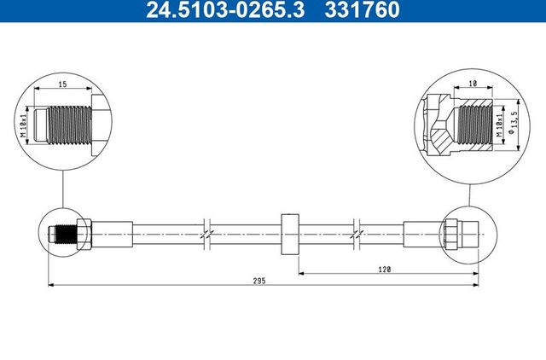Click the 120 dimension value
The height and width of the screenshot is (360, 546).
pyautogui.click(x=385, y=269)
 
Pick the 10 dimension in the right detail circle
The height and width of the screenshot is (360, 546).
pyautogui.click(x=473, y=85)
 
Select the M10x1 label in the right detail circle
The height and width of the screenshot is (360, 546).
pyautogui.click(x=497, y=125)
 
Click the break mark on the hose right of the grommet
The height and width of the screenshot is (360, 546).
pyautogui.click(x=361, y=230)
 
